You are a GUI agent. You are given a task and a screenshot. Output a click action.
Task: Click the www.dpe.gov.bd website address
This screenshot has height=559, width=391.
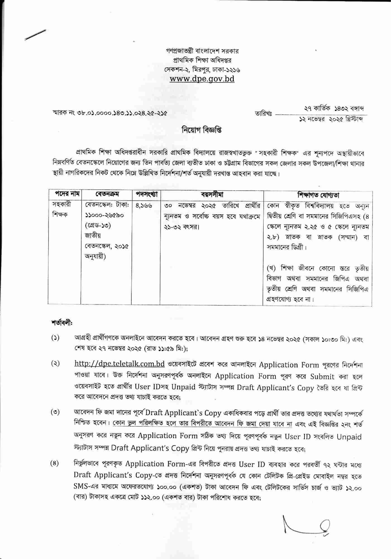click(x=202, y=79)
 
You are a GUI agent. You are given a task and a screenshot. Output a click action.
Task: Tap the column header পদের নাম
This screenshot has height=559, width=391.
click(x=64, y=194)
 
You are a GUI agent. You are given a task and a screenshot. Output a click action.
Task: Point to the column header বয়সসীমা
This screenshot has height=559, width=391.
click(x=212, y=194)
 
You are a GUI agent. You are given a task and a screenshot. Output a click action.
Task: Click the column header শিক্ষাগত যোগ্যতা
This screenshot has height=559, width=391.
click(x=318, y=195)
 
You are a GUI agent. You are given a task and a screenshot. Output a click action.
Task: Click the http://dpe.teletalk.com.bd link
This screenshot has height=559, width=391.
click(x=120, y=364)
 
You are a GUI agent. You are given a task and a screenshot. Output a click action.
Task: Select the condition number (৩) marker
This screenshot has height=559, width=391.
click(x=55, y=412)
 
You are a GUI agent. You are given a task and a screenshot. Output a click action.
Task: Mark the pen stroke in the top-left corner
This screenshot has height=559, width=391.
click(x=35, y=35)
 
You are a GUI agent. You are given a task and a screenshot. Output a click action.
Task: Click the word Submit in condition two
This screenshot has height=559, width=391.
click(x=322, y=376)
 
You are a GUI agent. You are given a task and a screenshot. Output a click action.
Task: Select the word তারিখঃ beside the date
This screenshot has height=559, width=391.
click(x=263, y=114)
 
